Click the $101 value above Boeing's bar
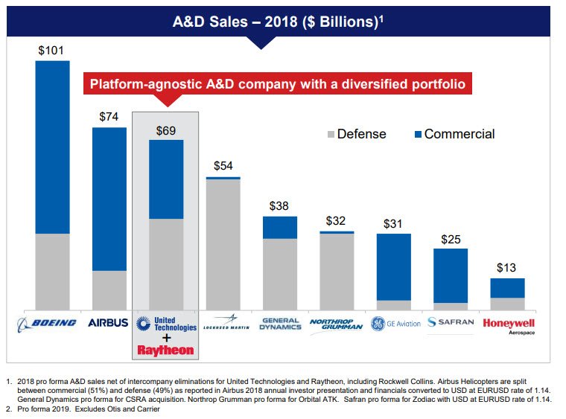[x=52, y=51]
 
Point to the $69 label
[x=167, y=131]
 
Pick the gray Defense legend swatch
[x=331, y=135]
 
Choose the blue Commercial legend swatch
[x=418, y=135]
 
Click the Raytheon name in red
[x=165, y=350]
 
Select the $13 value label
[x=507, y=268]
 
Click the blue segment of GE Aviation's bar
[x=393, y=266]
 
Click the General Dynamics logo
[x=280, y=324]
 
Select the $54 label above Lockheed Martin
[x=223, y=166]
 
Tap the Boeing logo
[x=47, y=323]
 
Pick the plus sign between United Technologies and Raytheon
[x=165, y=337]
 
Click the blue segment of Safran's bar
[x=450, y=275]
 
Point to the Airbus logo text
[x=109, y=323]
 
